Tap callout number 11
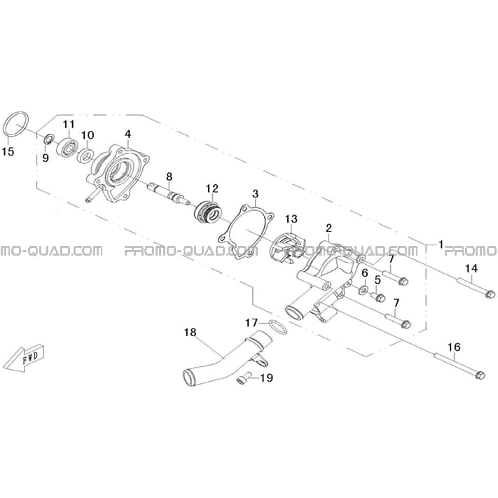(x=69, y=125)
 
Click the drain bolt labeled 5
(x=378, y=297)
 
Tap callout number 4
(x=128, y=134)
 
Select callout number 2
(x=328, y=228)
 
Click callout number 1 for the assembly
(x=441, y=244)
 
